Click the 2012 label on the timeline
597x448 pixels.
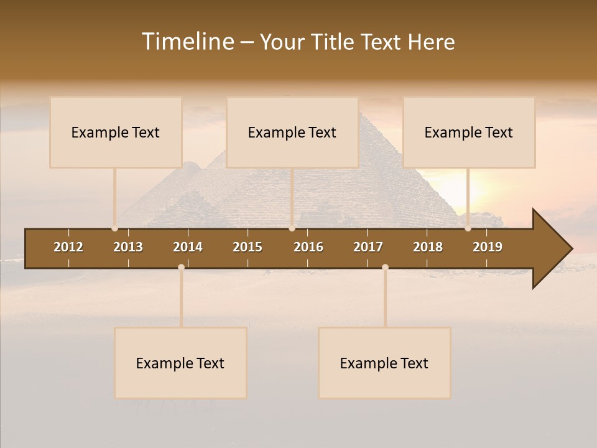[68, 247]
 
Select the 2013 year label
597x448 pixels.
[128, 247]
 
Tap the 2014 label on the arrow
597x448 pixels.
[188, 247]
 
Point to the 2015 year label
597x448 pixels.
[248, 247]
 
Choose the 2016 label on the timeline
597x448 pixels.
[308, 247]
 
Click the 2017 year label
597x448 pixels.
[368, 247]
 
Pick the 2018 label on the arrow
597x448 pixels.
[428, 247]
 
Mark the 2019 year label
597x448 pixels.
[488, 247]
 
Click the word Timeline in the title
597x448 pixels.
[187, 42]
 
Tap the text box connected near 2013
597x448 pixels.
[116, 133]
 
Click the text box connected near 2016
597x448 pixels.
[292, 133]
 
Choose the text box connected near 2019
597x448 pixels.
[469, 133]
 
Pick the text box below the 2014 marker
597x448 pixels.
[180, 363]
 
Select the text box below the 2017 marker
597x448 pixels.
[384, 363]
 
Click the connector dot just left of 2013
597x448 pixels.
[114, 228]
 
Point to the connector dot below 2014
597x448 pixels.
[181, 268]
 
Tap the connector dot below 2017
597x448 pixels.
[385, 268]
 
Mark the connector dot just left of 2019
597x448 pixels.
[468, 228]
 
